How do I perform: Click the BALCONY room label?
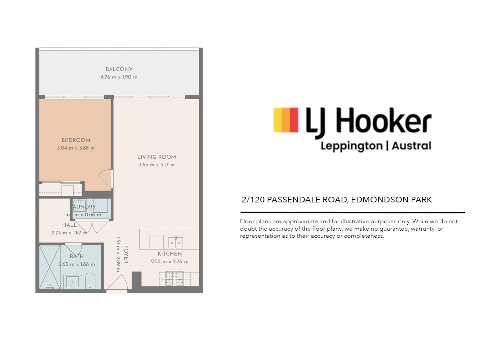pyautogui.click(x=119, y=69)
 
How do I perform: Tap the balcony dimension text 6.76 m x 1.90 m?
pyautogui.click(x=119, y=77)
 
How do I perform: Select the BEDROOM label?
pyautogui.click(x=76, y=140)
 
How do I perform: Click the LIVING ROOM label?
pyautogui.click(x=157, y=157)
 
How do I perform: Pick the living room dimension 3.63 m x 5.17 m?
pyautogui.click(x=157, y=165)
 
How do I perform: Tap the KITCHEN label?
pyautogui.click(x=170, y=254)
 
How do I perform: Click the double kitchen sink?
pyautogui.click(x=176, y=242)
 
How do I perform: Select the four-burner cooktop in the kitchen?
pyautogui.click(x=175, y=279)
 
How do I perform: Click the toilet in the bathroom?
pyautogui.click(x=90, y=281)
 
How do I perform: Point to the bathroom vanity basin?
pyautogui.click(x=72, y=282)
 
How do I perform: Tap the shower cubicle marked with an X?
pyautogui.click(x=50, y=267)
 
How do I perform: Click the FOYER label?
pyautogui.click(x=126, y=255)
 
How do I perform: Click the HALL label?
pyautogui.click(x=69, y=225)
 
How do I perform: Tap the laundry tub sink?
pyautogui.click(x=80, y=206)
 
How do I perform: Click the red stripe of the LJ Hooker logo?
pyautogui.click(x=294, y=120)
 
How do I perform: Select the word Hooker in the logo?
pyautogui.click(x=383, y=121)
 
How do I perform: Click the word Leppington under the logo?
pyautogui.click(x=351, y=146)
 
